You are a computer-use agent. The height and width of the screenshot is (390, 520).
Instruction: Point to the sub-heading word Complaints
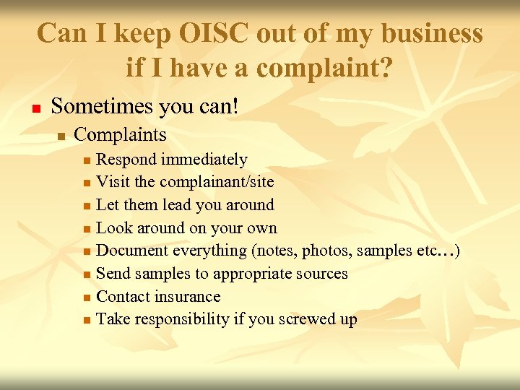click(121, 134)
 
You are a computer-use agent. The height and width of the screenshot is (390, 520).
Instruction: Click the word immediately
click(204, 159)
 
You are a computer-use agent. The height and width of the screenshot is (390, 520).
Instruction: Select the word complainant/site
click(217, 182)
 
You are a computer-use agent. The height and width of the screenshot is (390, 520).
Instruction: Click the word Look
click(113, 227)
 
